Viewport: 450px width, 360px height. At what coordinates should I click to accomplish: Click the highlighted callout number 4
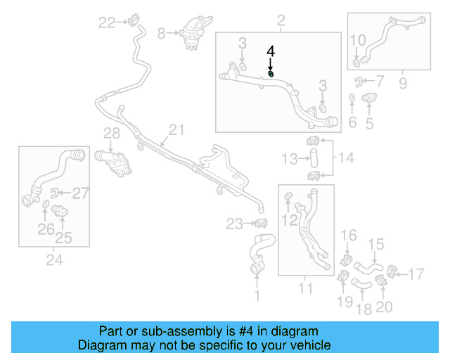click(x=271, y=51)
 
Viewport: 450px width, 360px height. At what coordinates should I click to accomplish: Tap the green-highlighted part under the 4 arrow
click(x=271, y=73)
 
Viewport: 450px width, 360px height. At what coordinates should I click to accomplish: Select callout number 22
click(x=106, y=23)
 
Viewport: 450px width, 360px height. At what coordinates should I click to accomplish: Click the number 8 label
click(x=161, y=32)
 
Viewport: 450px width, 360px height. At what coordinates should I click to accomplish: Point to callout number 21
click(x=176, y=129)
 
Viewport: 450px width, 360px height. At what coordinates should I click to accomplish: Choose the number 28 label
click(x=112, y=134)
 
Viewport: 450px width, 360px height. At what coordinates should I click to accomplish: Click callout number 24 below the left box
click(x=54, y=260)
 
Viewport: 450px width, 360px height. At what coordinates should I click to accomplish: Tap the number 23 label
click(x=234, y=224)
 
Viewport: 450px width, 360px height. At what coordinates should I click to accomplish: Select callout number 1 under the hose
click(x=257, y=297)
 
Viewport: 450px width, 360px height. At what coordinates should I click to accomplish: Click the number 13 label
click(x=290, y=160)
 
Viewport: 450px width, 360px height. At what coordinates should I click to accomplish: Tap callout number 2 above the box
click(x=281, y=21)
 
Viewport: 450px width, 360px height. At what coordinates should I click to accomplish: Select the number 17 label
click(x=417, y=274)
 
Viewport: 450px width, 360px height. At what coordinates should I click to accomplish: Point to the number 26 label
click(x=46, y=228)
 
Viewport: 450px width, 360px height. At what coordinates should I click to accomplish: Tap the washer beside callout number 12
click(x=289, y=204)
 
